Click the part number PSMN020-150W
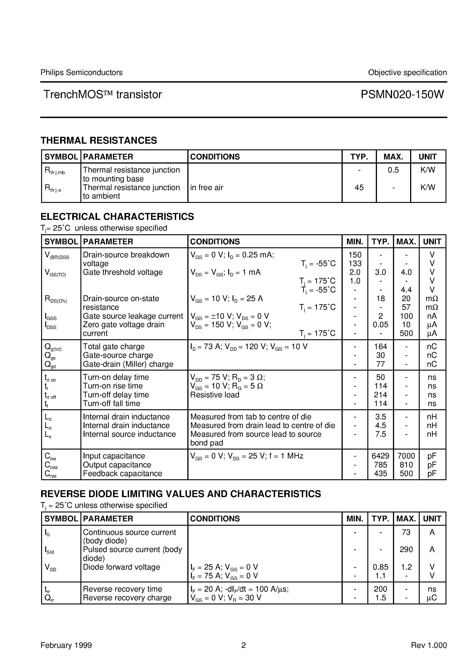tap(402, 94)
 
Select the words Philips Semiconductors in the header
tap(81, 73)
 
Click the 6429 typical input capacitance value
tap(380, 456)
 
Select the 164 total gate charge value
tap(380, 347)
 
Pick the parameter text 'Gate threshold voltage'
tap(122, 272)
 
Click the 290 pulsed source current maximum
tap(406, 549)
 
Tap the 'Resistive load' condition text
tap(215, 395)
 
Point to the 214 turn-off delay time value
tap(380, 395)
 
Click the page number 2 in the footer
tap(244, 645)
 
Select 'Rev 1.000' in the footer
tap(429, 645)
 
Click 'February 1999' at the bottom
tap(66, 645)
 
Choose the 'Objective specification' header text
tap(407, 73)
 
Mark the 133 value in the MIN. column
tap(355, 264)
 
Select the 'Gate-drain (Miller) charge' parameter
tap(128, 364)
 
